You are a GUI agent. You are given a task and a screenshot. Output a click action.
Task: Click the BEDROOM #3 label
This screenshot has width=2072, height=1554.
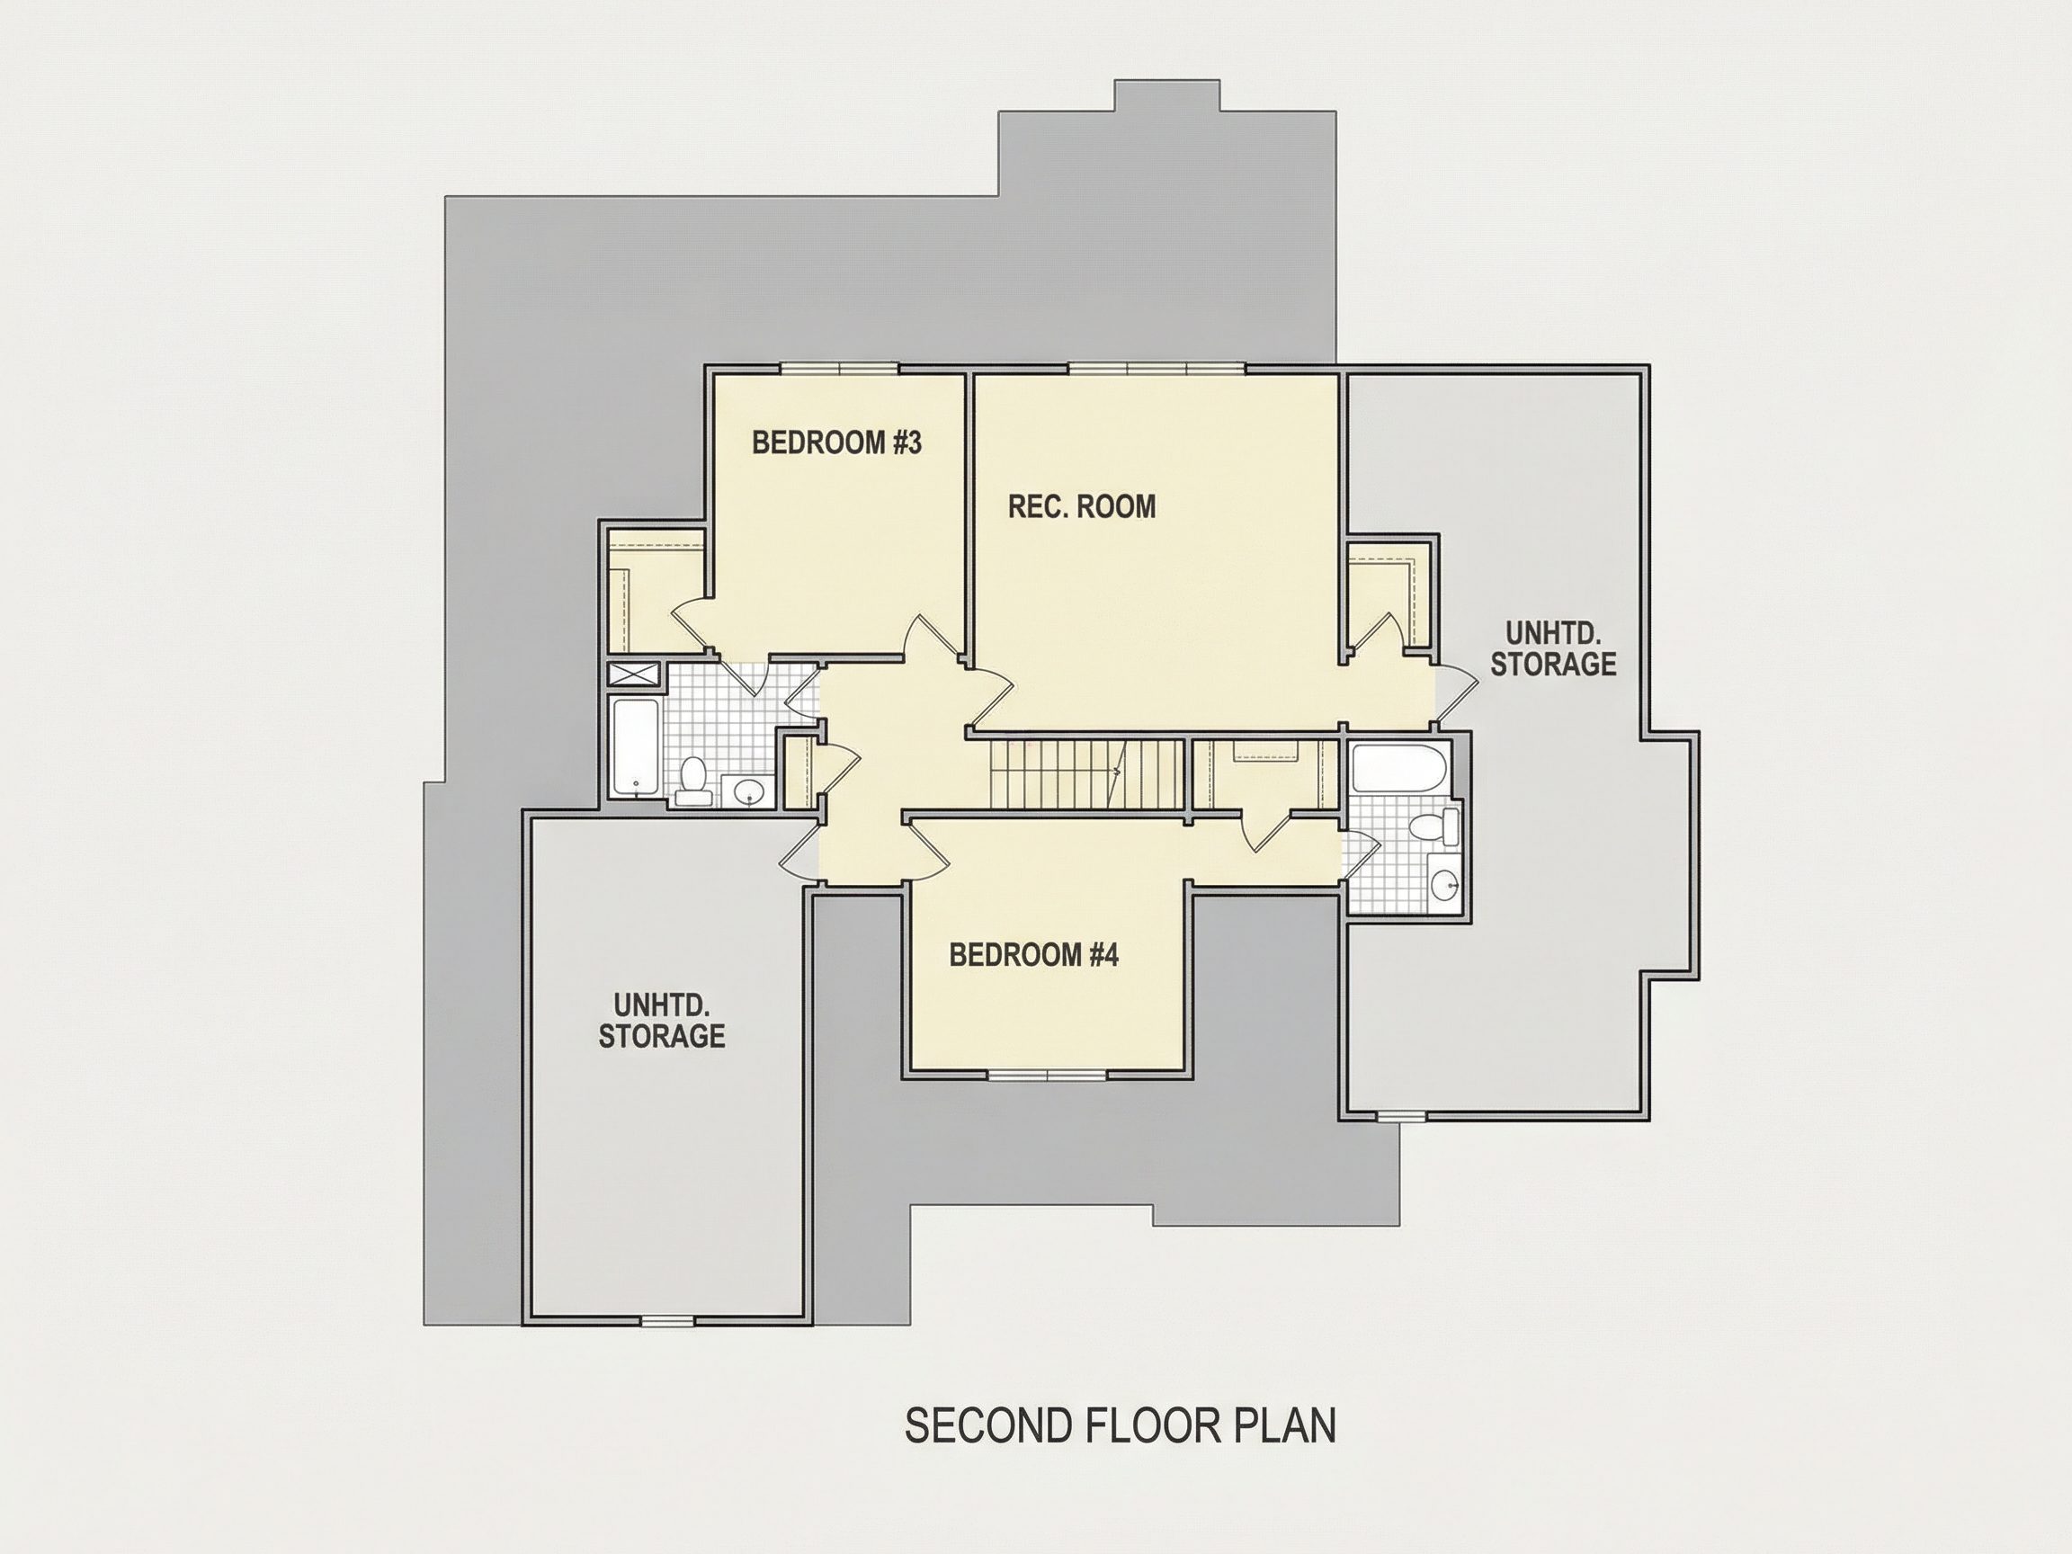[836, 442]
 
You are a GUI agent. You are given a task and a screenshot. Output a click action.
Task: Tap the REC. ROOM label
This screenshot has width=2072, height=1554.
[1082, 507]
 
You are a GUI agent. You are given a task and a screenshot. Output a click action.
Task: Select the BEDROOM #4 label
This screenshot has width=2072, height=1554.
[1034, 954]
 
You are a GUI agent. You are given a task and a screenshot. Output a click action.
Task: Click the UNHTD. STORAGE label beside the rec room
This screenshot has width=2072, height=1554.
[1553, 648]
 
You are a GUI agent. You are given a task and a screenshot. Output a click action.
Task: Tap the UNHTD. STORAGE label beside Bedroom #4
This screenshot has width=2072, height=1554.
[662, 1020]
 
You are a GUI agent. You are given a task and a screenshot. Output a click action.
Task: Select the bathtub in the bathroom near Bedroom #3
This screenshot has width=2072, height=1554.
[635, 746]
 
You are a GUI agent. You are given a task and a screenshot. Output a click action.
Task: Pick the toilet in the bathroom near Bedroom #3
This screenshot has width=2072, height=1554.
[693, 782]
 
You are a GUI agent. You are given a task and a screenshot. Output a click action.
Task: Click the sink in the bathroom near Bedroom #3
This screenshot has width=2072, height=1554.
[749, 792]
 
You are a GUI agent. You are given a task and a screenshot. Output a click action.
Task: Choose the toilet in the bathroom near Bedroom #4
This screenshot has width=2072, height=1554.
[1434, 827]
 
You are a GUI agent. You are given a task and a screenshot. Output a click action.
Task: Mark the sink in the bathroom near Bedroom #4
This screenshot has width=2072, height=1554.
[1444, 881]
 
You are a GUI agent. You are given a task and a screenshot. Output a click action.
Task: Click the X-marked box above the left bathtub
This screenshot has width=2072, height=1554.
[634, 674]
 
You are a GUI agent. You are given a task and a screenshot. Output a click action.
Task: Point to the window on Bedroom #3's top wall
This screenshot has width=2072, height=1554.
[840, 368]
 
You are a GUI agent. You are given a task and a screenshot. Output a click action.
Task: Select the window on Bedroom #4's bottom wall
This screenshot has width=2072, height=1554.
[1047, 1075]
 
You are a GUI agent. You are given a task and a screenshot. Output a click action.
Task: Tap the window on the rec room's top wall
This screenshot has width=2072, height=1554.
[1157, 368]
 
